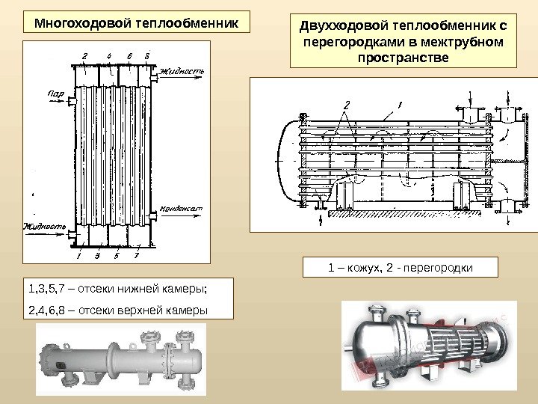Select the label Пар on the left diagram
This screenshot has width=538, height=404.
pyautogui.click(x=55, y=94)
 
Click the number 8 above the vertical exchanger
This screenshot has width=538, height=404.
pyautogui.click(x=146, y=56)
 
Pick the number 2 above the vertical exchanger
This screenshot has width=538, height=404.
pyautogui.click(x=84, y=56)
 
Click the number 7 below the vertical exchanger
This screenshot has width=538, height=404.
pyautogui.click(x=137, y=256)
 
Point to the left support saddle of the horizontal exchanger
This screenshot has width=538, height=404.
pyautogui.click(x=344, y=197)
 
